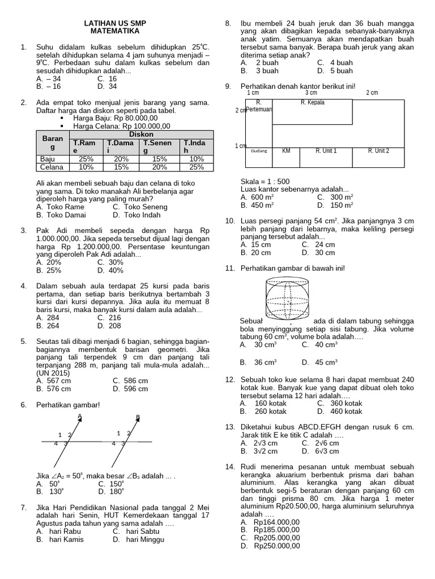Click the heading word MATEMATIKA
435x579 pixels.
point(114,32)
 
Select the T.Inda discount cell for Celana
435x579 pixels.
point(196,167)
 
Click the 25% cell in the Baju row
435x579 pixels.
point(86,159)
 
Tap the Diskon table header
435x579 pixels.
point(141,134)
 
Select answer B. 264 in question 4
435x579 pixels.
point(48,326)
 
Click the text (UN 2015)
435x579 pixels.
point(53,373)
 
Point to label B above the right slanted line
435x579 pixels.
point(138,417)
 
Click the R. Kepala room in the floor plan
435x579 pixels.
point(313,103)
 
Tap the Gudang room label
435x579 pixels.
point(259,152)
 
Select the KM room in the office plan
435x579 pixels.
point(286,151)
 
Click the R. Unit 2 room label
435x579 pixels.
point(378,151)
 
